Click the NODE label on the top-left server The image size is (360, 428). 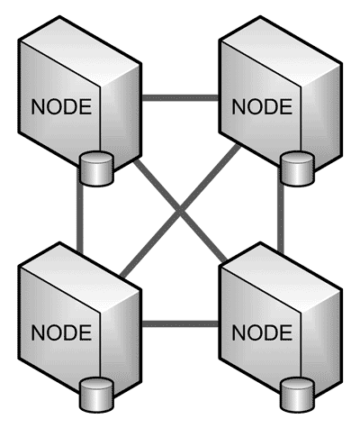tap(61, 106)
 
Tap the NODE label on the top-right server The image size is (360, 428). tap(262, 106)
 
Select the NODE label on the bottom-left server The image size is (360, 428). tap(61, 332)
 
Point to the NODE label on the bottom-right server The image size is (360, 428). tap(262, 332)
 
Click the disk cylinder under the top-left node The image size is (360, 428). tap(96, 168)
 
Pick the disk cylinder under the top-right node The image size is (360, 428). tap(297, 168)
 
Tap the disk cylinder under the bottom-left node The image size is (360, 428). tap(96, 395)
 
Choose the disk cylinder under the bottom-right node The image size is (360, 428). tap(297, 395)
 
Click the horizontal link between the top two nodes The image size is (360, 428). tap(180, 97)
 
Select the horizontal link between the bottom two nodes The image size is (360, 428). tap(180, 323)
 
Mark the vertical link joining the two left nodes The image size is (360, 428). tap(80, 218)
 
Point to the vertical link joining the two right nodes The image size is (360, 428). tap(281, 218)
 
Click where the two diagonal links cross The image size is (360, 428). tap(180, 210)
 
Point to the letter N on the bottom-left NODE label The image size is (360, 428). tap(38, 332)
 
